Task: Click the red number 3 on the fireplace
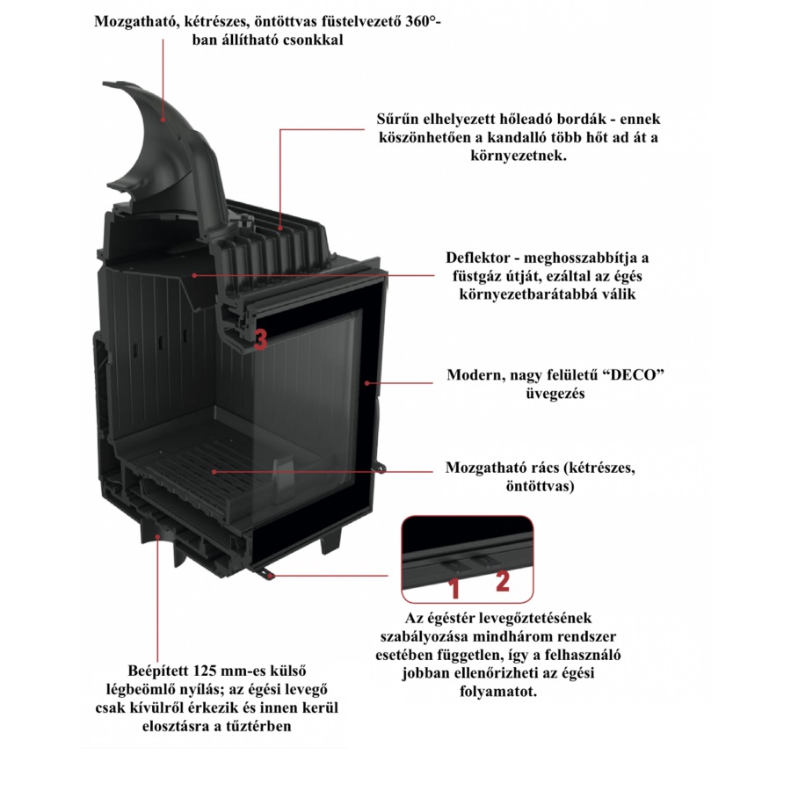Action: tap(260, 340)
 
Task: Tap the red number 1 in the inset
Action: tap(454, 588)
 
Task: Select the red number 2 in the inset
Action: tap(502, 581)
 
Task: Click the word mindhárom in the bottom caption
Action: tap(507, 635)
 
